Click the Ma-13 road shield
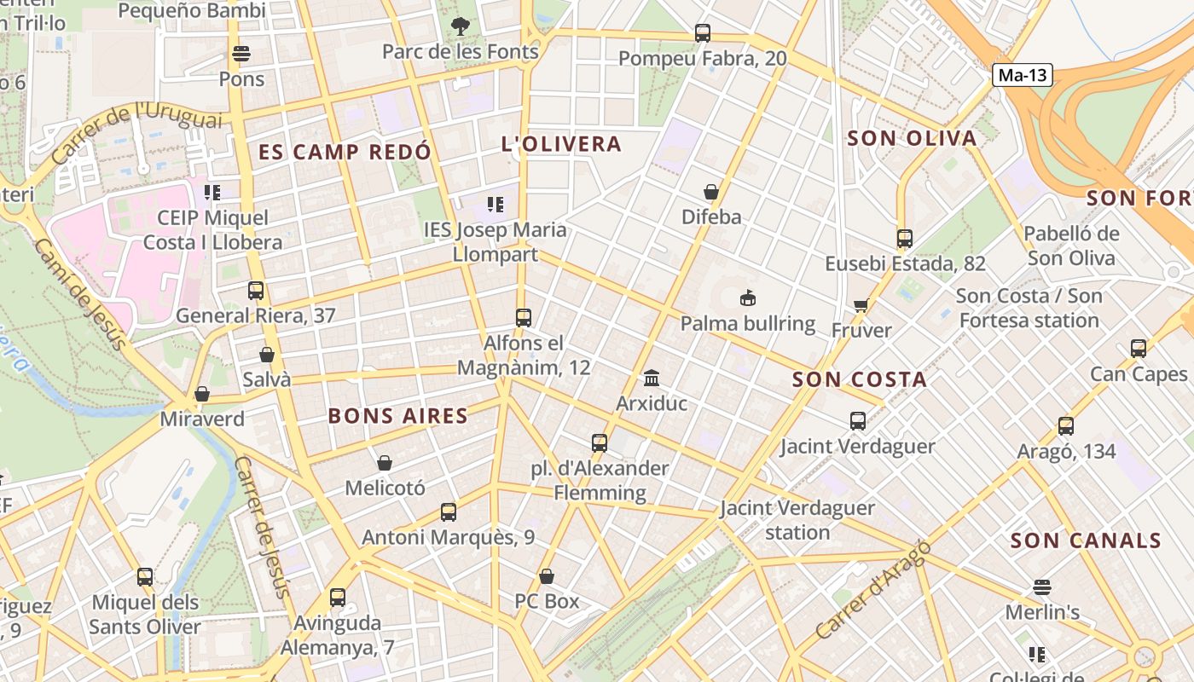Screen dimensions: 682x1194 [x=1022, y=75]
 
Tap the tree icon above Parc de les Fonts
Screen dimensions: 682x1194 [x=461, y=26]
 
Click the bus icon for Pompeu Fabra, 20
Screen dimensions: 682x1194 [x=702, y=33]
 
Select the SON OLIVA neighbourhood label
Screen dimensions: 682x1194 [x=912, y=138]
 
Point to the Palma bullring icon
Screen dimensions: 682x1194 [x=748, y=298]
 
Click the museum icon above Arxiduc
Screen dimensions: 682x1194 [x=652, y=377]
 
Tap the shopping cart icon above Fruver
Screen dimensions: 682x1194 [x=861, y=305]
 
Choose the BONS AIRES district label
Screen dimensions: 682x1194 [x=398, y=416]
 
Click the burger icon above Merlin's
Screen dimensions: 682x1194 [x=1041, y=587]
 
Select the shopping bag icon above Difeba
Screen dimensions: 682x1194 [x=710, y=192]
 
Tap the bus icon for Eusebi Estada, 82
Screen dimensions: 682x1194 [x=904, y=239]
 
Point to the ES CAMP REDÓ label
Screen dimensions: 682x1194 [x=345, y=153]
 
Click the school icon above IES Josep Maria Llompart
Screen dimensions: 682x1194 [x=495, y=205]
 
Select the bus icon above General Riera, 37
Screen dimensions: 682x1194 [x=255, y=290]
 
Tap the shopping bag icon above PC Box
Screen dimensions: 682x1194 [x=547, y=576]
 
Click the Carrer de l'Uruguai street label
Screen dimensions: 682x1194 [x=136, y=132]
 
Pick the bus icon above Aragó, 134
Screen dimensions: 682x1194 [x=1065, y=426]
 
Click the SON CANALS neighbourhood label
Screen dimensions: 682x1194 [x=1086, y=540]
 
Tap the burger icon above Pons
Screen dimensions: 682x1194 [x=241, y=54]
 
